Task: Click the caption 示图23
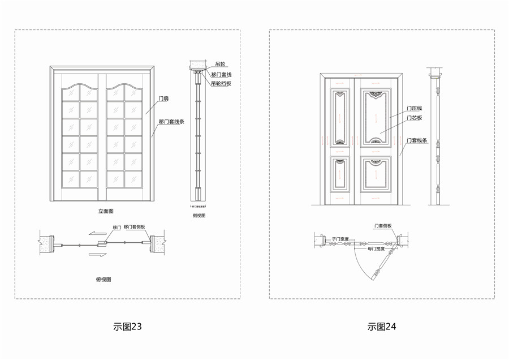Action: pyautogui.click(x=127, y=327)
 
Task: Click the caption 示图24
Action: pyautogui.click(x=382, y=327)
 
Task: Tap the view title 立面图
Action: pyautogui.click(x=106, y=212)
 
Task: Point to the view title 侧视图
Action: pyautogui.click(x=199, y=216)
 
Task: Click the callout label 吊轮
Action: pyautogui.click(x=220, y=65)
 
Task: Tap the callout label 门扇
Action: pyautogui.click(x=165, y=98)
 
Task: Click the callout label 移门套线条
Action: pyautogui.click(x=172, y=121)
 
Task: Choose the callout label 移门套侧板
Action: pyautogui.click(x=135, y=226)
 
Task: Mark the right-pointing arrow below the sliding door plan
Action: pyautogui.click(x=97, y=256)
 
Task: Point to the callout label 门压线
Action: pyautogui.click(x=415, y=108)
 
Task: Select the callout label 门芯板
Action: pyautogui.click(x=415, y=118)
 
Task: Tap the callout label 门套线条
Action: pyautogui.click(x=417, y=140)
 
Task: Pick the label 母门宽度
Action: pyautogui.click(x=376, y=248)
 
